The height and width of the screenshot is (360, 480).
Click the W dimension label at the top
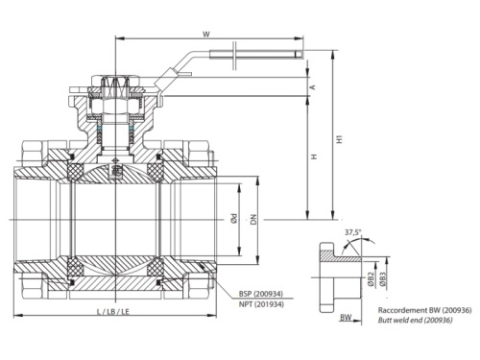tap(206, 34)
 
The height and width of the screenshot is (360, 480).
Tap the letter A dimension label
tap(313, 84)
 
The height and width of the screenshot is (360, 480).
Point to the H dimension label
tap(313, 156)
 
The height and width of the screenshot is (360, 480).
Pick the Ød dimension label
tap(233, 220)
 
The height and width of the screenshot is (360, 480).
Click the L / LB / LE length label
tap(114, 315)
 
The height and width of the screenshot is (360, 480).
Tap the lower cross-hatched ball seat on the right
tap(157, 263)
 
